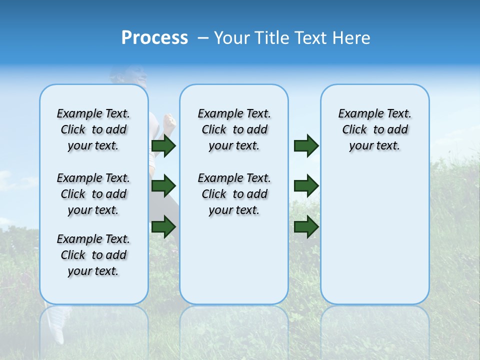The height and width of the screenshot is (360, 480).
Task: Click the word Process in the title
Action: (154, 38)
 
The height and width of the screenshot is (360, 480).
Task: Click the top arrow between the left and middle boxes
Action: (163, 146)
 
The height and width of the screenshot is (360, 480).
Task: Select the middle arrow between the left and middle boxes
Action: (163, 186)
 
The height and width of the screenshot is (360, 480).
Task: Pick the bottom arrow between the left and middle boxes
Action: (163, 226)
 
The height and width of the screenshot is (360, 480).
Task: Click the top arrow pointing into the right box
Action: (306, 146)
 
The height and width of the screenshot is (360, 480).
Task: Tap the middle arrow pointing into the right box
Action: (306, 186)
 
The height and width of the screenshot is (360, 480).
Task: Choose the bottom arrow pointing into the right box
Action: (306, 226)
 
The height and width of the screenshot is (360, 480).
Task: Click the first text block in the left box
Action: (93, 129)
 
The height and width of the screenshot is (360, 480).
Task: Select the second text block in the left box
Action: (93, 194)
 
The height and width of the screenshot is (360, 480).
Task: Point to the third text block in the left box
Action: (93, 255)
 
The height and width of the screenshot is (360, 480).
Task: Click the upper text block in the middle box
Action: (234, 129)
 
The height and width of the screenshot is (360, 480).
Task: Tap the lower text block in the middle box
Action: (234, 194)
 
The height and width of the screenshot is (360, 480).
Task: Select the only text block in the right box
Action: (374, 129)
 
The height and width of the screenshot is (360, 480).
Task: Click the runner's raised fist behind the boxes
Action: (170, 121)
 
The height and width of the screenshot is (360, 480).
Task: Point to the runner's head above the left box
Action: (129, 75)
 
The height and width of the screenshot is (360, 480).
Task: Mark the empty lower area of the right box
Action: (374, 240)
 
